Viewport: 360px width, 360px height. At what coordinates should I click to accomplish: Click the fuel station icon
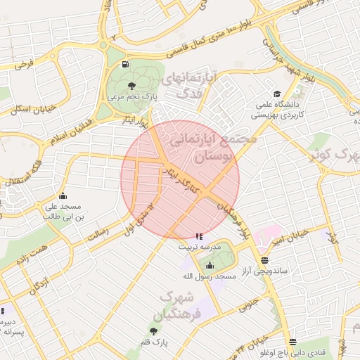tap(125, 65)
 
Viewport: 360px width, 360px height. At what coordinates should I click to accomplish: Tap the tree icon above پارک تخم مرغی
tap(133, 85)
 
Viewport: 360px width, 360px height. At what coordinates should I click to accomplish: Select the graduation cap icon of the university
tap(277, 94)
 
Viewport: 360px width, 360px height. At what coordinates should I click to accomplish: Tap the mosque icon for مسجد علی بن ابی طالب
tap(64, 196)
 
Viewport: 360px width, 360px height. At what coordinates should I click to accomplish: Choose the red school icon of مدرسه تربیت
tap(200, 237)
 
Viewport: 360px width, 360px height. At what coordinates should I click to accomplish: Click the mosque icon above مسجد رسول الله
tap(210, 265)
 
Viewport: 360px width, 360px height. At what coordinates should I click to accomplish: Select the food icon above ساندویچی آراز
tap(264, 259)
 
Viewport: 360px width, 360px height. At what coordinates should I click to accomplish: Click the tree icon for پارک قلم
tap(153, 330)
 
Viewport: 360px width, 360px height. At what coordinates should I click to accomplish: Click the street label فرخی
tap(24, 65)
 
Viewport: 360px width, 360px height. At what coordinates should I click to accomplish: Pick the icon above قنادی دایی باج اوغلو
tap(292, 341)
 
